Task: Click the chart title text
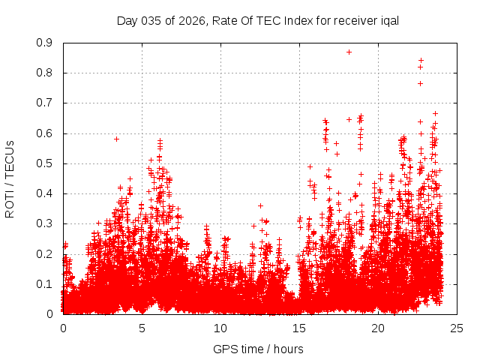[257, 20]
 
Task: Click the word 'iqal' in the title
[388, 20]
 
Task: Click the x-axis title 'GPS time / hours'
[258, 349]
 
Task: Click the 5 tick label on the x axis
[142, 328]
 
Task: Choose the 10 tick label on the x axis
[220, 328]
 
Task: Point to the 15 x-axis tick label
[299, 328]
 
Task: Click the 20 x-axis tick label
[378, 328]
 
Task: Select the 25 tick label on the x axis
[457, 328]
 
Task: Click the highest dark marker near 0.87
[349, 52]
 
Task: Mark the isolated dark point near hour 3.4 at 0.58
[116, 139]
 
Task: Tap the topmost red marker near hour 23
[421, 60]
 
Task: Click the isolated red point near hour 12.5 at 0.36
[260, 205]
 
